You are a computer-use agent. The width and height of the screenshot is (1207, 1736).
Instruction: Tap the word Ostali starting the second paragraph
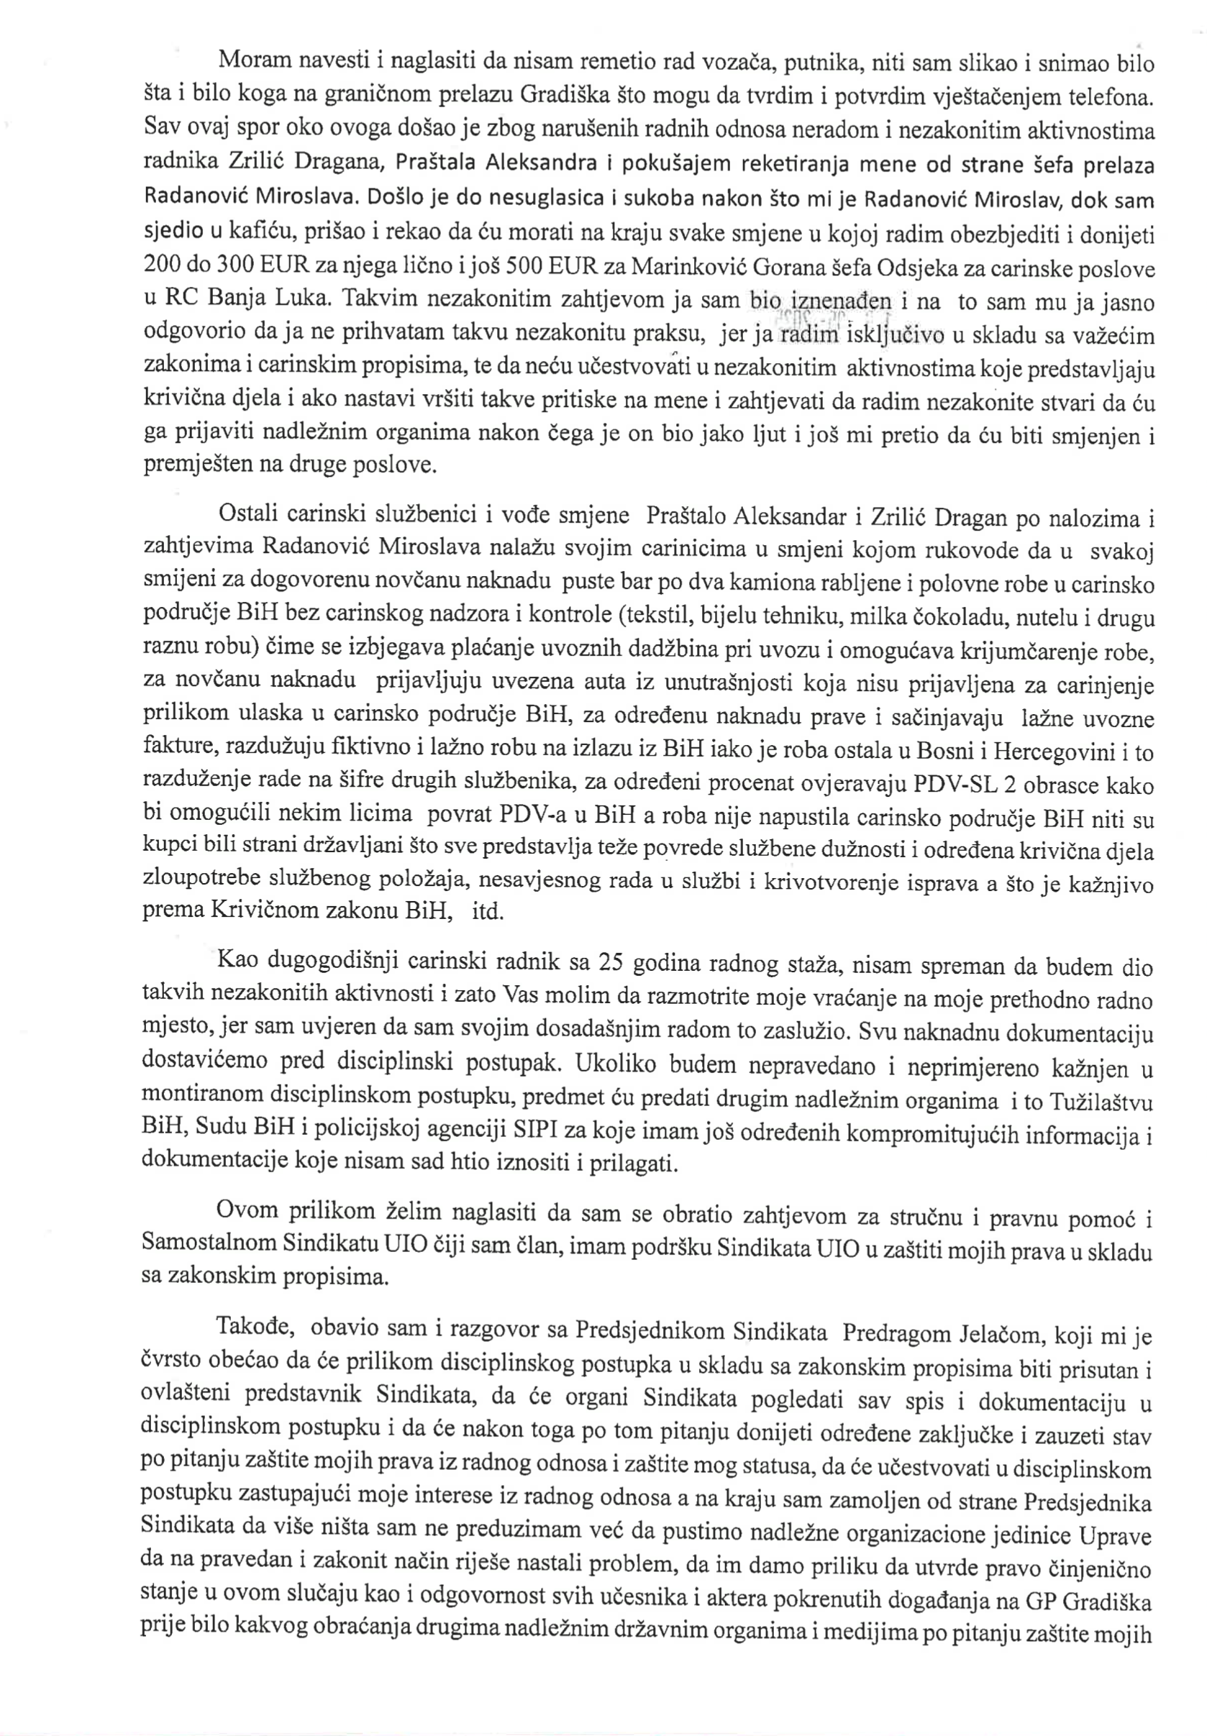click(247, 516)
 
